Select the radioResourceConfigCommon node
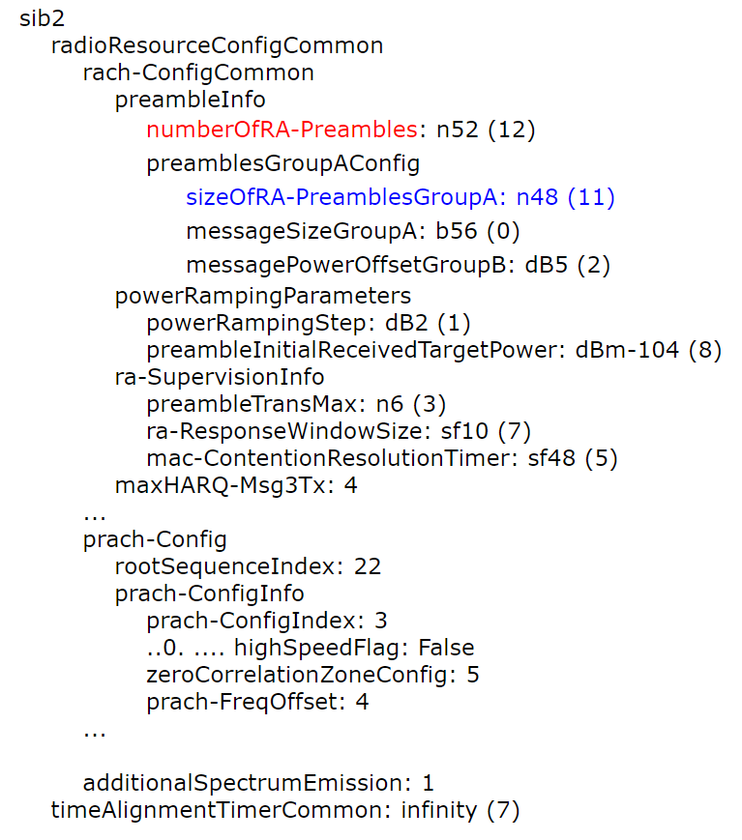click(217, 46)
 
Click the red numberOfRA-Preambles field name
click(281, 129)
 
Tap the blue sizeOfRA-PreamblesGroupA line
click(401, 198)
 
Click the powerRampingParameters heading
click(263, 295)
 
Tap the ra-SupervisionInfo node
click(220, 376)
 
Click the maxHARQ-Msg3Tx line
click(236, 484)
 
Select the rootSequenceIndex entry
click(248, 565)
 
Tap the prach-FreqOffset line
click(257, 701)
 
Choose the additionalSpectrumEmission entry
click(258, 782)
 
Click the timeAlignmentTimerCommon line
click(284, 809)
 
